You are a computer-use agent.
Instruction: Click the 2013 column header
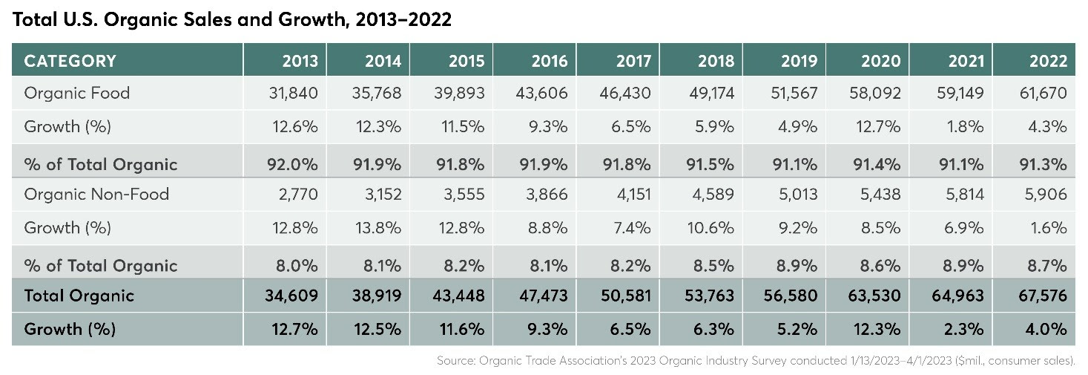pos(300,61)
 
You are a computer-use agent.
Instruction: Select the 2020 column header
pos(880,61)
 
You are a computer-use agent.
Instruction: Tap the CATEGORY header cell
pos(70,61)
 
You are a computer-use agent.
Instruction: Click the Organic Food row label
pos(76,93)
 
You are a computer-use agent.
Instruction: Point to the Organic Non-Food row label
pos(96,194)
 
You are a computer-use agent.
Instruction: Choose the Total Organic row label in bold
pos(79,296)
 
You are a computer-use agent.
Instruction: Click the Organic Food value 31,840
pos(294,93)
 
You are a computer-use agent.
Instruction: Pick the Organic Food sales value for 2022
pos(1043,93)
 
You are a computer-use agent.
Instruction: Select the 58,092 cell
pos(874,93)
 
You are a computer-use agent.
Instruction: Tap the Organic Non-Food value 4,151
pos(633,194)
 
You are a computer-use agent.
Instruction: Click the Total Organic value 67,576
pos(1042,296)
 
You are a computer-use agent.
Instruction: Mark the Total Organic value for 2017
pos(626,296)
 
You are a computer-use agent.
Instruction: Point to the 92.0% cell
pos(292,164)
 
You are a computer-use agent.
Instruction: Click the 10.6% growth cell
pos(710,228)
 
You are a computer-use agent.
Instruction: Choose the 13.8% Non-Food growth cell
pos(378,228)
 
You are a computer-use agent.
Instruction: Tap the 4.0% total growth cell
pos(1046,329)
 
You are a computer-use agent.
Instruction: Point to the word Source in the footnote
pos(455,360)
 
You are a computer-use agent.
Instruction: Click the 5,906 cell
pos(1046,194)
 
